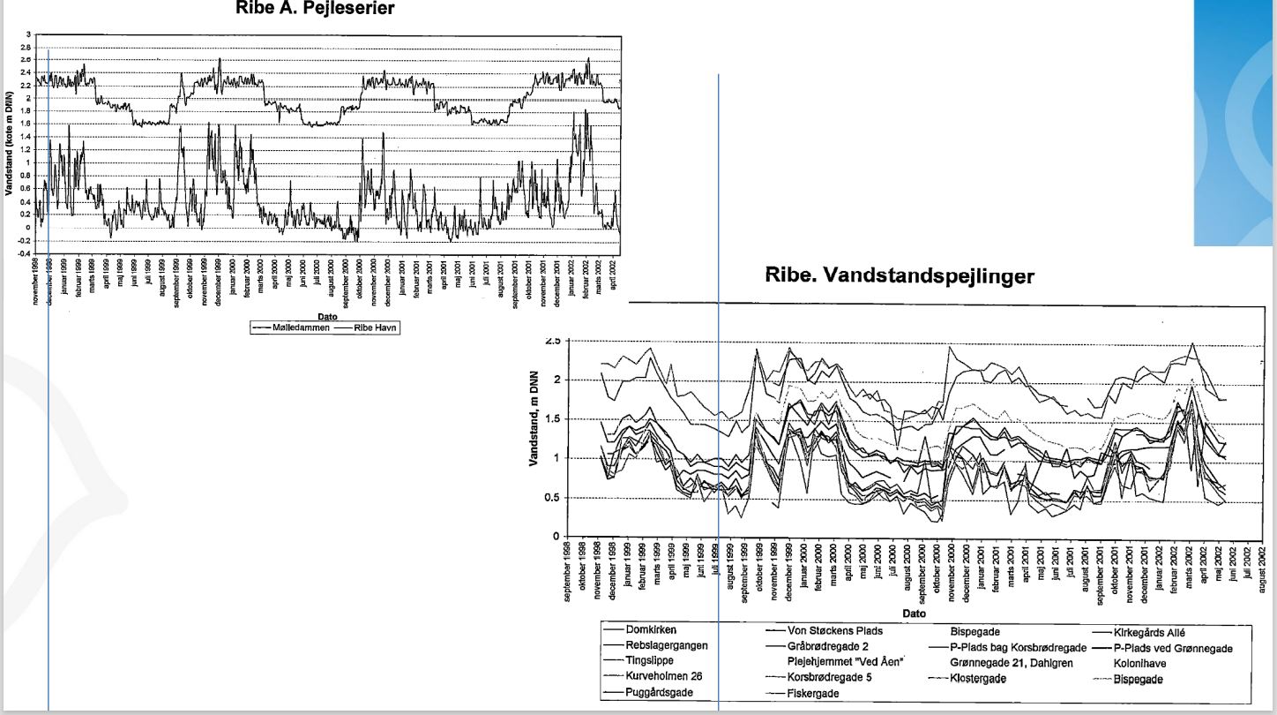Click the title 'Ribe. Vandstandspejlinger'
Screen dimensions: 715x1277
point(900,275)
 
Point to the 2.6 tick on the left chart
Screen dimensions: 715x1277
point(26,59)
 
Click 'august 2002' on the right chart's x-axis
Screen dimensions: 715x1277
point(1262,568)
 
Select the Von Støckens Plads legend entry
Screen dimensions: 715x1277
point(834,631)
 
